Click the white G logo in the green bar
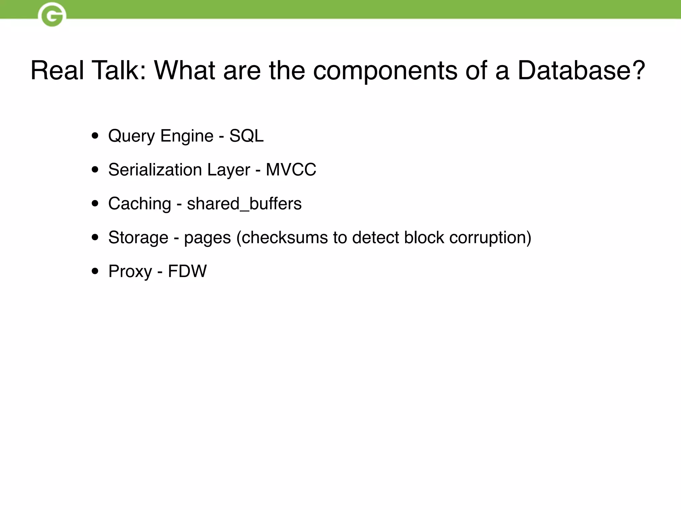pos(52,15)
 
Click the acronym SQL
pos(246,136)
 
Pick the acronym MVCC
pos(291,170)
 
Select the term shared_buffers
pos(244,204)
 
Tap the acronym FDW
pos(187,271)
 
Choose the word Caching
pos(139,204)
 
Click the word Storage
pos(138,238)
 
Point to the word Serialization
pos(155,170)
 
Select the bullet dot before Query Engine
pos(95,136)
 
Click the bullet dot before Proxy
pos(95,271)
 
